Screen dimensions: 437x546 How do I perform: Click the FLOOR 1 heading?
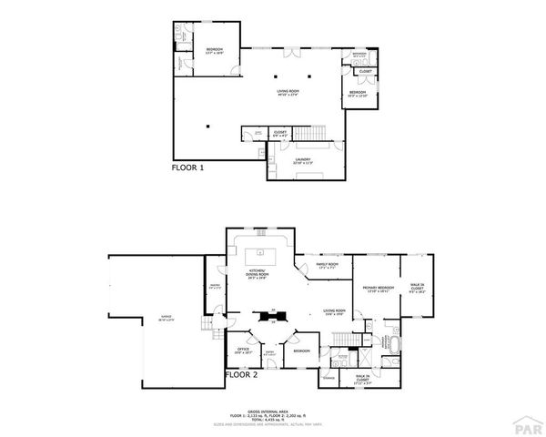coord(188,168)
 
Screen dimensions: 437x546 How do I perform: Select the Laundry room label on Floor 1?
coord(302,160)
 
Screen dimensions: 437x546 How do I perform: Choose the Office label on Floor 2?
coord(244,350)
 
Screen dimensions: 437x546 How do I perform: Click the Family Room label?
coord(327,266)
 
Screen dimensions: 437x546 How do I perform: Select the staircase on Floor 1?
coord(314,137)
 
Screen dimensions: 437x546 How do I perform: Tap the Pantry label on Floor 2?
coord(214,287)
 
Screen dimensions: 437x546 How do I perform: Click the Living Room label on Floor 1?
coord(288,92)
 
